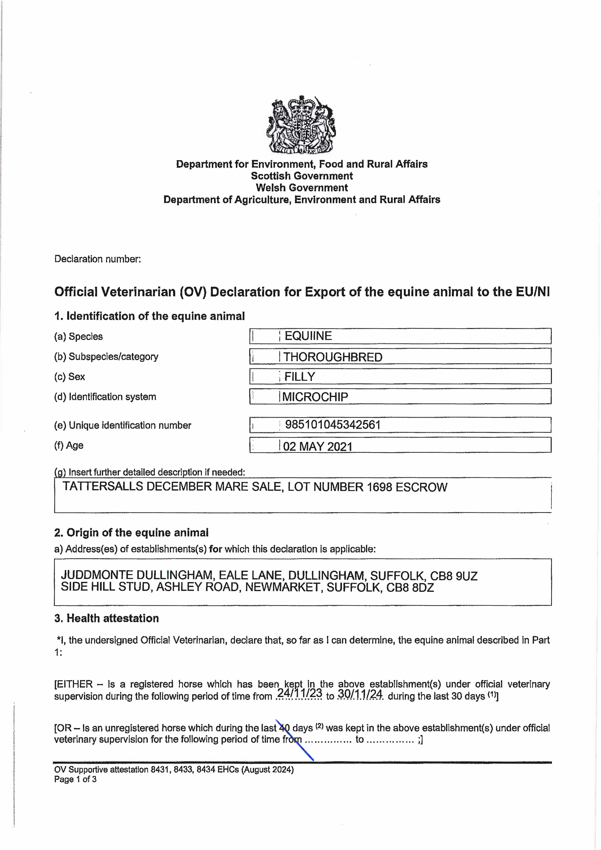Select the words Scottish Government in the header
(302, 176)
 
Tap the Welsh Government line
(302, 188)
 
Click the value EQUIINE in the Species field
(308, 336)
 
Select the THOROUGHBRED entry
(333, 357)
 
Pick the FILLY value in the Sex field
(300, 377)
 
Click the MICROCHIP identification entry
(315, 397)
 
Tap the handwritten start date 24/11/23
(300, 693)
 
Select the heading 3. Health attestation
(107, 618)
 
